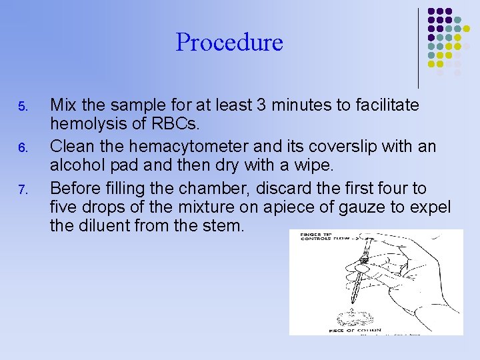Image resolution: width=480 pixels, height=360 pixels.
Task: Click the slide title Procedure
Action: point(229,43)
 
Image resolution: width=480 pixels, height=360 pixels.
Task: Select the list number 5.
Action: point(21,107)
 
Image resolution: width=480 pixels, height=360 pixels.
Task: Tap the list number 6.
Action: point(21,147)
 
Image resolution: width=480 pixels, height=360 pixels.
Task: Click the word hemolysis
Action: point(83,124)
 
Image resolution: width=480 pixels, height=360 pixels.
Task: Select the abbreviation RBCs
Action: point(153,124)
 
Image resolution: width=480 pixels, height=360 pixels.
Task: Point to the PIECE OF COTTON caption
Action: point(354,329)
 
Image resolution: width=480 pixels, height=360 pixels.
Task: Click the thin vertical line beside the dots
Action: point(419,48)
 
